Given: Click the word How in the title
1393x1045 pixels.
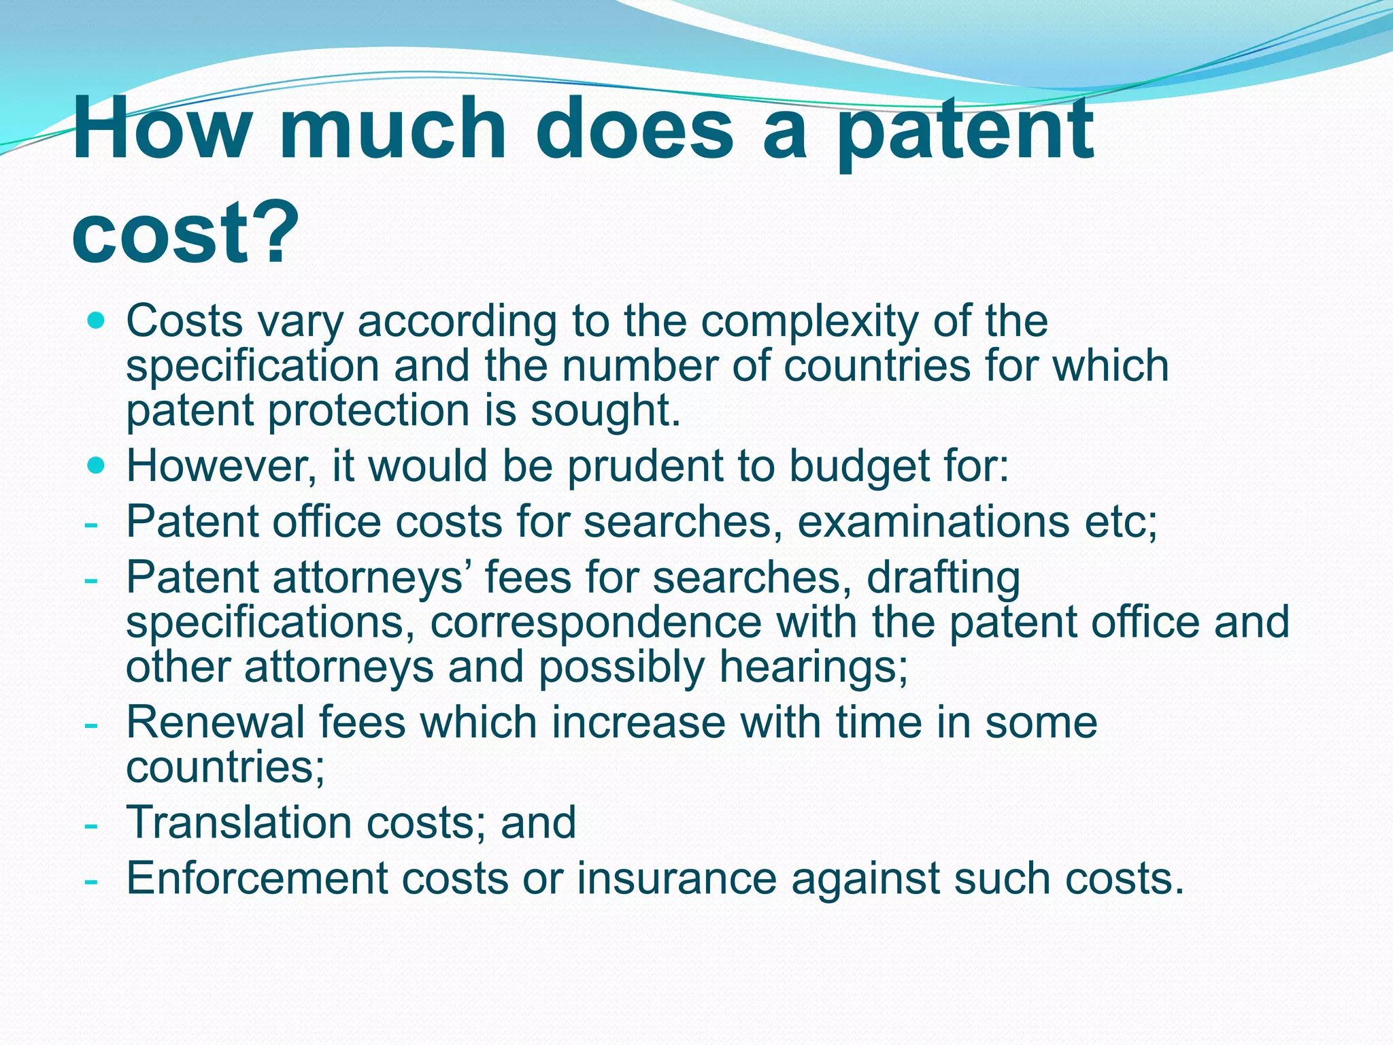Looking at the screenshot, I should coord(161,129).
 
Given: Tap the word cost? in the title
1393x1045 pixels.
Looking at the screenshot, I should coord(185,231).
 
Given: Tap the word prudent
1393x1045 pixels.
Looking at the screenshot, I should coord(645,467).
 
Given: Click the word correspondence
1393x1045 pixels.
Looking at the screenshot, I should coord(596,623).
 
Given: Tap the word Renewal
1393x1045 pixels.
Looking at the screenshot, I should coord(216,723).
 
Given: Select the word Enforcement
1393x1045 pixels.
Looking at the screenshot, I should coord(257,878).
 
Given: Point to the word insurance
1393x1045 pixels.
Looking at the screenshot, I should coord(677,878).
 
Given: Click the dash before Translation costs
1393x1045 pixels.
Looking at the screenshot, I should coord(90,825).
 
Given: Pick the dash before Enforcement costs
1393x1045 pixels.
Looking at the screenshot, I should coord(90,881).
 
